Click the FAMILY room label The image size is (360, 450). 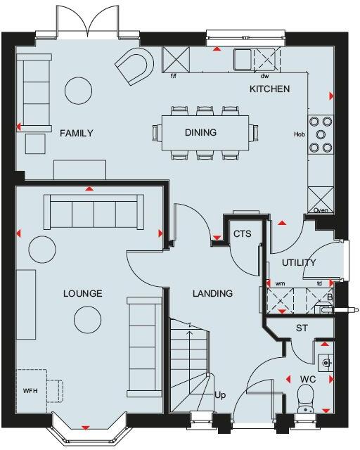77,133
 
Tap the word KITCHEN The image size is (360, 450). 270,89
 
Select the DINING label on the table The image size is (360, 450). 200,132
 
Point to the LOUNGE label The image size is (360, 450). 82,293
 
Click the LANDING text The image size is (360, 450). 212,293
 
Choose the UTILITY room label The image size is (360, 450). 299,262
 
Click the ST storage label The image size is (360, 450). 302,328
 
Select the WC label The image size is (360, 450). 308,380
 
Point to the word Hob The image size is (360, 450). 298,134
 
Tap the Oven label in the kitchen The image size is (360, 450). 321,210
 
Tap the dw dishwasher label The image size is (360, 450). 265,75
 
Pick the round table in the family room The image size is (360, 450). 78,90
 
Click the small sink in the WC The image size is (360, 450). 326,362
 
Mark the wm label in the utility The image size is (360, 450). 280,284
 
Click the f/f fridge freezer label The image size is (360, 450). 173,75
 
